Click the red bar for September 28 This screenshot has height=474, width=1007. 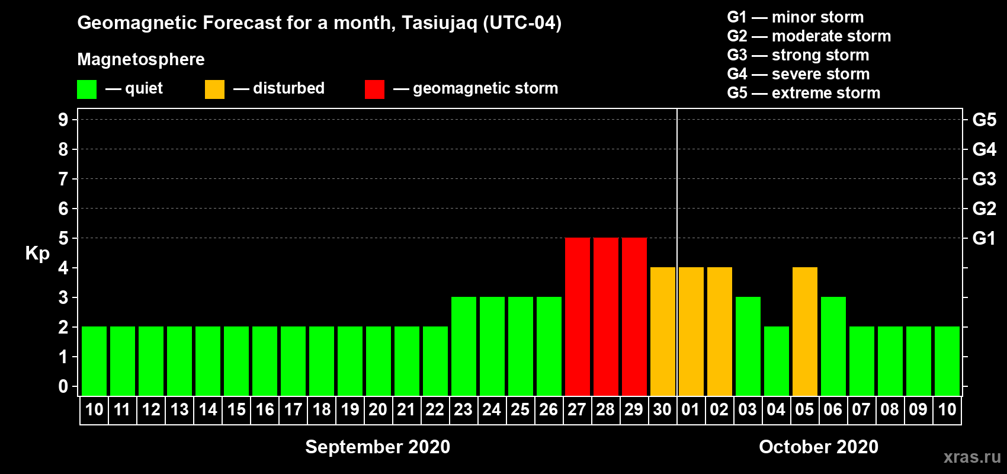tap(605, 316)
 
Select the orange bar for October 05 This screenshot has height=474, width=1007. tap(804, 331)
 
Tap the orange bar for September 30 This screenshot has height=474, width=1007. tap(663, 331)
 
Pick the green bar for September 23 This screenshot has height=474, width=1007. tap(463, 346)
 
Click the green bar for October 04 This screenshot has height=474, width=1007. tap(777, 361)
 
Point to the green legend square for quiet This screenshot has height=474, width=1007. tap(86, 89)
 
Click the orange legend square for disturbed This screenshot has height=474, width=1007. tap(214, 89)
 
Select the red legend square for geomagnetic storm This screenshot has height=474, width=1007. tap(374, 89)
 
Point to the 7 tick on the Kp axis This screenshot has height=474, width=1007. tap(63, 179)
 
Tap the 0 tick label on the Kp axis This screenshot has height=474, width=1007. tap(63, 386)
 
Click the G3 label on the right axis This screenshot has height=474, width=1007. tap(984, 179)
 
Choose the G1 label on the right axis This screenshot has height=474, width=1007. tap(984, 238)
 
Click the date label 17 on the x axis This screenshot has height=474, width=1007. tap(293, 409)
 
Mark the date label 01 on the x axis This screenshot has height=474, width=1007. tap(691, 409)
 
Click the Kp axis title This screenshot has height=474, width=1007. tap(37, 254)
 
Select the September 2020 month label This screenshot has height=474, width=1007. tap(378, 447)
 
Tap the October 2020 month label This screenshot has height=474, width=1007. tap(819, 447)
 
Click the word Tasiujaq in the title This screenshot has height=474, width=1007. tap(440, 23)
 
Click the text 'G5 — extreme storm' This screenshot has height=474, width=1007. tap(804, 93)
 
